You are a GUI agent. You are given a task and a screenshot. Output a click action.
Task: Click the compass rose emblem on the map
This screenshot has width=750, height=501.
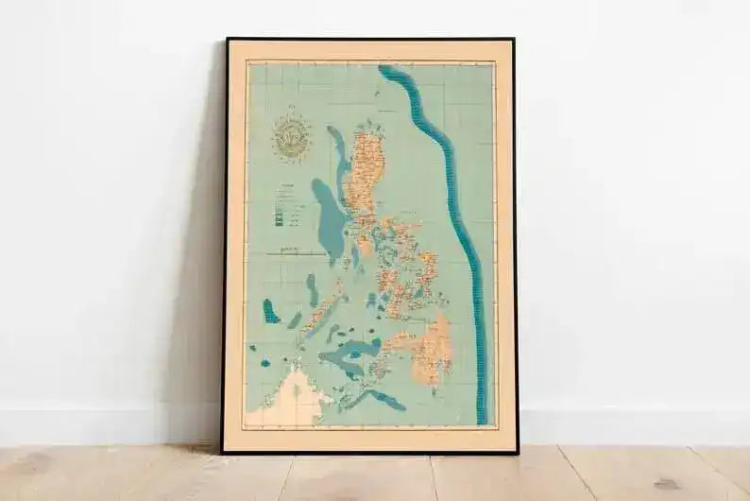(291, 138)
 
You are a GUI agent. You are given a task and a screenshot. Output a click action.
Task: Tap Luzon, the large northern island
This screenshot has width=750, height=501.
(363, 175)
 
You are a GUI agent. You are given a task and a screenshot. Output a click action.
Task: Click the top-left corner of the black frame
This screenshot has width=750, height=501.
(226, 40)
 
